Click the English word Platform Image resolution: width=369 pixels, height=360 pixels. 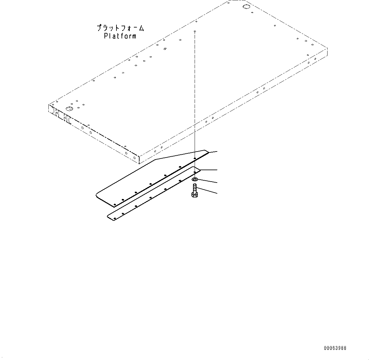click(x=120, y=36)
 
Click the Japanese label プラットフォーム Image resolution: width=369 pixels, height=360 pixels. click(x=120, y=28)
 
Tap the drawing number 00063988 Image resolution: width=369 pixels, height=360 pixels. click(x=335, y=348)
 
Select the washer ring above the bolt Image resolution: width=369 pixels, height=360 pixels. click(x=195, y=180)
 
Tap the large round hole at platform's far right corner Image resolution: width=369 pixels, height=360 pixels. click(x=246, y=7)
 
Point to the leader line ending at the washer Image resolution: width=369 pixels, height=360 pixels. click(x=208, y=182)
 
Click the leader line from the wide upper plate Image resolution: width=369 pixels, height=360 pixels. click(x=213, y=152)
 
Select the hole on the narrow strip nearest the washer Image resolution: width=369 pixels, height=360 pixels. click(x=194, y=172)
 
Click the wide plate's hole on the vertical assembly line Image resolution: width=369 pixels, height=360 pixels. click(x=195, y=158)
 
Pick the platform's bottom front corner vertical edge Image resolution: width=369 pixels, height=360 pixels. click(x=139, y=159)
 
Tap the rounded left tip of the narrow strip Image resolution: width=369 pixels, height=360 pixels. click(x=109, y=217)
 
